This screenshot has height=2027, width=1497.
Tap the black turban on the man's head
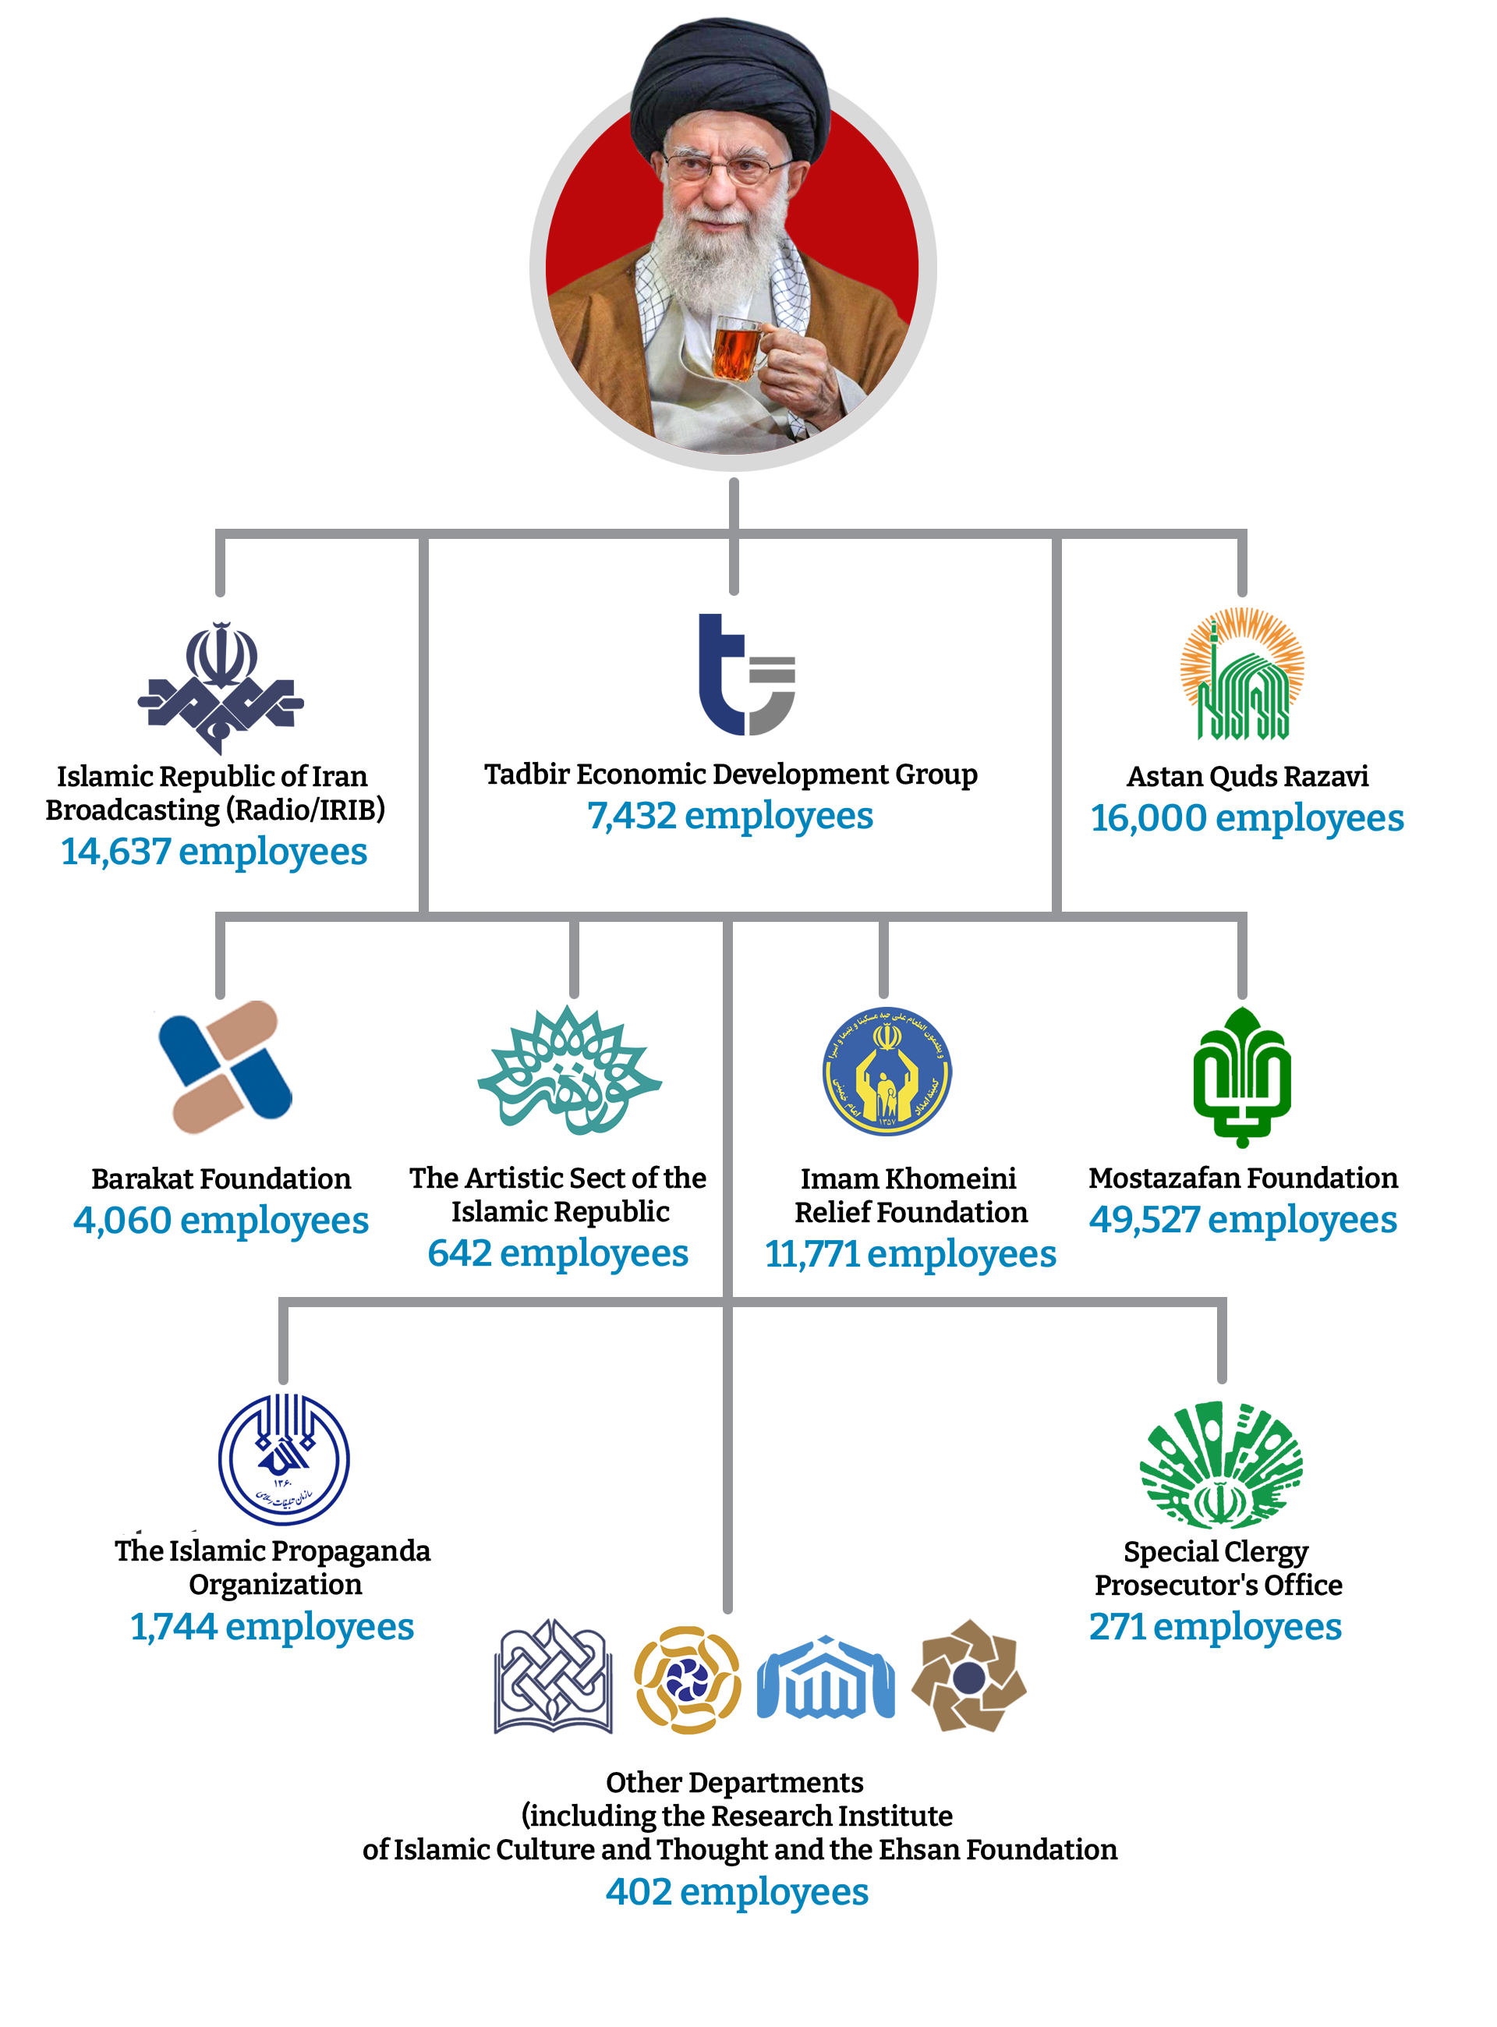point(731,86)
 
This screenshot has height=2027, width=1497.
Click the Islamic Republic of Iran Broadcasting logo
point(220,686)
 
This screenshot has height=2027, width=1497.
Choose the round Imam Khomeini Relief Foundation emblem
point(887,1072)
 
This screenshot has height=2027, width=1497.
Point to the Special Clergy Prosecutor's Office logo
point(1221,1465)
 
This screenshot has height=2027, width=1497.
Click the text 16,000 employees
point(1247,819)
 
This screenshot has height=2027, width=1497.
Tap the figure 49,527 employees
point(1242,1221)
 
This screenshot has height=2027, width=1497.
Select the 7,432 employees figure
point(730,816)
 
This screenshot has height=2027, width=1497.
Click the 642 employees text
point(557,1254)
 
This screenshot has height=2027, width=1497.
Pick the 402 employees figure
point(737,1892)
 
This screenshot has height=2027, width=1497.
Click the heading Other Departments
point(734,1782)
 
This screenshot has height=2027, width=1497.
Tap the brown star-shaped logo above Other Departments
point(968,1677)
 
